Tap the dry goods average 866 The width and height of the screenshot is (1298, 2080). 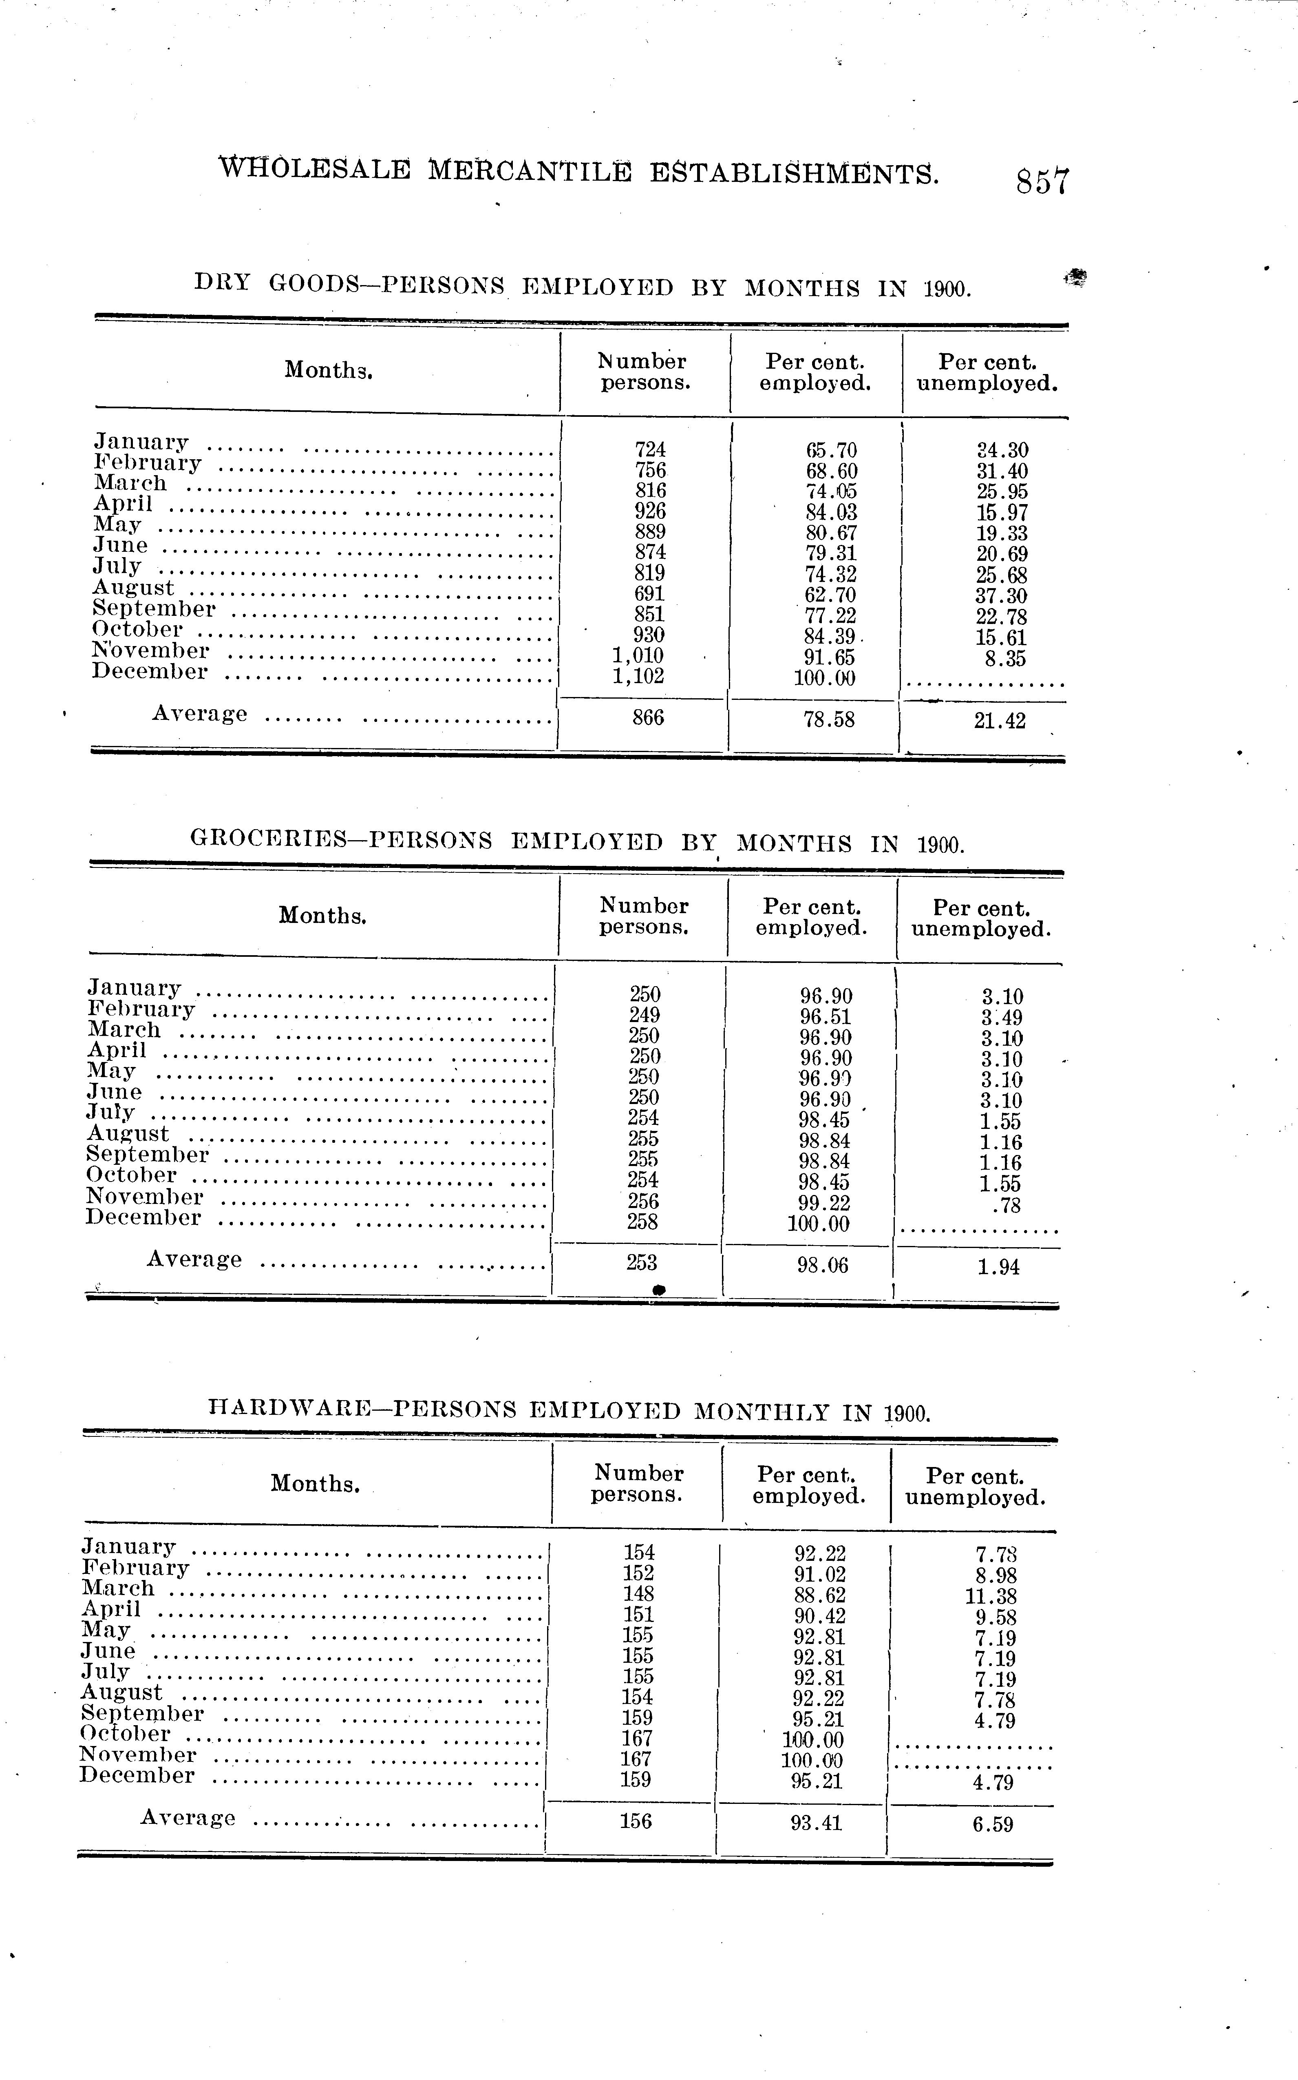tap(648, 717)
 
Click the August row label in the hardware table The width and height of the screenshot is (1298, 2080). tap(122, 1692)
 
